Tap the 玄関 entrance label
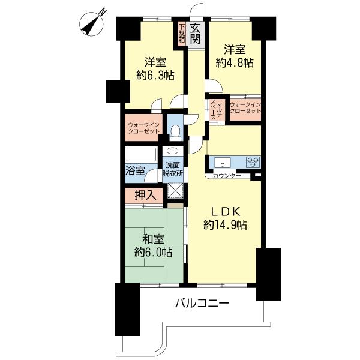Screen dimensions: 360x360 (196, 34)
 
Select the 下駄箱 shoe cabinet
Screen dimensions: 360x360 (182, 34)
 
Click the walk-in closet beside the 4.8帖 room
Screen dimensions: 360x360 (245, 108)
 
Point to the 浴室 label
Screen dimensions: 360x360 (135, 171)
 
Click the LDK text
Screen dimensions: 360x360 (225, 211)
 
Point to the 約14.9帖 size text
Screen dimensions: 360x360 (225, 226)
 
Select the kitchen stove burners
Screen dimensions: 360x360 (252, 161)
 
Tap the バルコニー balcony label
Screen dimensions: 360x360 (202, 304)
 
